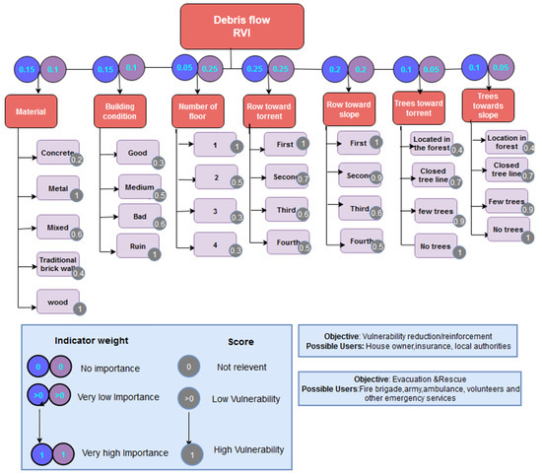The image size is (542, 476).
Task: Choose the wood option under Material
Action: tap(58, 299)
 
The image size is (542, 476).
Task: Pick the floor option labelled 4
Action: tap(214, 241)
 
